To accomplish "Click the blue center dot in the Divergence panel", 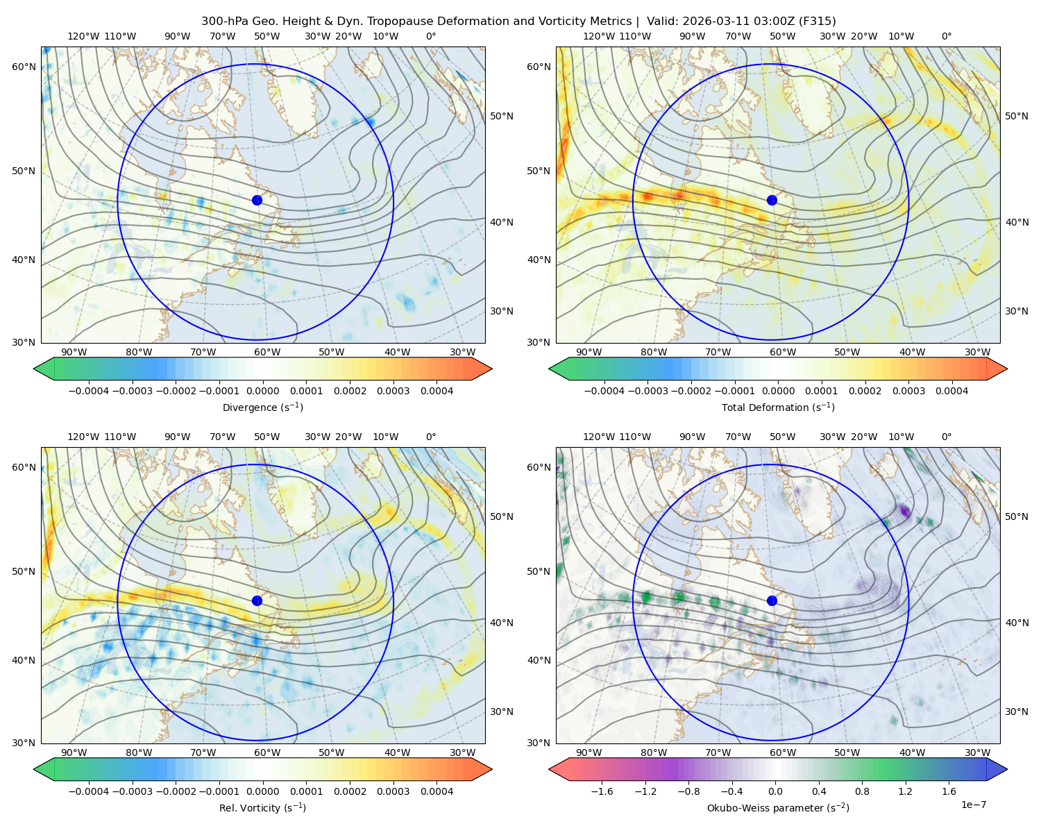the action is tap(257, 201).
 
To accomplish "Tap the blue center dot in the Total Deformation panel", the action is tap(772, 201).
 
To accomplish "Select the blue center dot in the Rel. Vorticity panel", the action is tap(257, 600).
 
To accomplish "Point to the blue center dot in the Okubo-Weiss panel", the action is tap(772, 600).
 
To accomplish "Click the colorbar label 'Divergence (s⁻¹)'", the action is tap(262, 407).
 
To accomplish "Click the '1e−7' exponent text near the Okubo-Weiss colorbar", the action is tap(973, 805).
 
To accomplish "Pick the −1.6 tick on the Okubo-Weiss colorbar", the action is tap(602, 791).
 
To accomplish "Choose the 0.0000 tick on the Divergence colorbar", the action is tap(262, 391).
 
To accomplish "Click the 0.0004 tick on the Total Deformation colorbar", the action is tap(952, 391).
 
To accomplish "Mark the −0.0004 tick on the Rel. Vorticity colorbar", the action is tap(89, 791).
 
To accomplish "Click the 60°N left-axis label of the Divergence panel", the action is tap(24, 67).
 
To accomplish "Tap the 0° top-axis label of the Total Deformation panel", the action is tap(946, 36).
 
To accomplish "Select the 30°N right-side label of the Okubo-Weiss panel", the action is tap(1016, 712).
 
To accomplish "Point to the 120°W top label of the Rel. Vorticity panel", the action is tap(83, 437).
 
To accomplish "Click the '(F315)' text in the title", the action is tap(818, 22).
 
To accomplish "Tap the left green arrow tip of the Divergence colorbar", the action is tap(34, 369).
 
